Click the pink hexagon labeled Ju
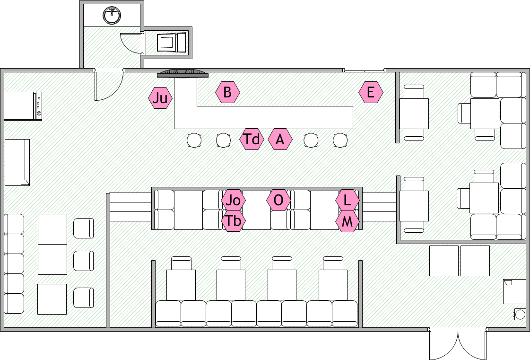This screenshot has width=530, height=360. click(x=160, y=98)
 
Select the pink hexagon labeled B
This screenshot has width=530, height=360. click(x=227, y=92)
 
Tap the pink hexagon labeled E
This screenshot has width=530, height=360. click(x=371, y=92)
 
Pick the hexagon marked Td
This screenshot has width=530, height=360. click(x=252, y=139)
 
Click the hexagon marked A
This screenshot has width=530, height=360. click(x=280, y=139)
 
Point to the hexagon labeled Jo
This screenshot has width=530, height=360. click(x=233, y=201)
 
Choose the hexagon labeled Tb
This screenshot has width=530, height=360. click(x=233, y=220)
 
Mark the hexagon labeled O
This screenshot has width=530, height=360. click(x=278, y=200)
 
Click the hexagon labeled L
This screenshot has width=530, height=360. click(x=348, y=200)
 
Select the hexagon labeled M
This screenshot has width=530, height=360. click(x=348, y=221)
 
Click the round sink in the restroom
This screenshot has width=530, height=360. click(x=112, y=15)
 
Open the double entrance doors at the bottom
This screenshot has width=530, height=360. click(x=458, y=344)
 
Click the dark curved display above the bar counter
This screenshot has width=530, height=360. click(x=183, y=73)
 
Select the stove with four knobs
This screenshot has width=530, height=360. click(x=23, y=106)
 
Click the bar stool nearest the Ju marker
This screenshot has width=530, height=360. click(x=194, y=140)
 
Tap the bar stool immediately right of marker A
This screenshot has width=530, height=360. click(x=311, y=140)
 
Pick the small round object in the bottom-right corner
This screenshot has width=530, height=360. click(x=520, y=314)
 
